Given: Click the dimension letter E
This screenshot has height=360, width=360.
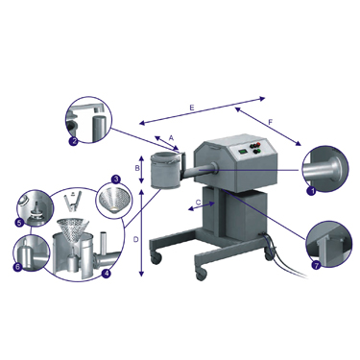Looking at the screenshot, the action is (192, 108).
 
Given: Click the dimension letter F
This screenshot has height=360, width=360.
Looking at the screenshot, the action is (271, 122).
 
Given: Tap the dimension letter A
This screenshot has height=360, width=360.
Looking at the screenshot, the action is (171, 138).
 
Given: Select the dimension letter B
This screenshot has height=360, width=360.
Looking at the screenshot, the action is (136, 168).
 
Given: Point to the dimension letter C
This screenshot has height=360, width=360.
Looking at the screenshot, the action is (198, 203).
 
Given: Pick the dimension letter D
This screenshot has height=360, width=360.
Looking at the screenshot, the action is (135, 239).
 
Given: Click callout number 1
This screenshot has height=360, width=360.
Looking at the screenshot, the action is (311, 191).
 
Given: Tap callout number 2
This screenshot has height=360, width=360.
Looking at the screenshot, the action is (73, 141).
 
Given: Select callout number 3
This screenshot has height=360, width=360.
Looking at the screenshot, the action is (115, 179).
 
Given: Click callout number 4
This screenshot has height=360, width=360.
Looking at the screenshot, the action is (106, 273).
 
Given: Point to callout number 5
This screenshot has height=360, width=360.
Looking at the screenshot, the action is (19, 222).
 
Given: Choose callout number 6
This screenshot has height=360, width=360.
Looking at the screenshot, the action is (17, 266).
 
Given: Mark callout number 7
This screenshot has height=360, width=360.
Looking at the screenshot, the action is (316, 265).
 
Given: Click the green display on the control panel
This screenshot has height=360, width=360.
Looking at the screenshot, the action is (243, 151).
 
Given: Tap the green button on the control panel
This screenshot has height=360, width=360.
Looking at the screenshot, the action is (259, 151).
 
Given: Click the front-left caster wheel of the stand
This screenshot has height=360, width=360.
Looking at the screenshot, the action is (156, 258).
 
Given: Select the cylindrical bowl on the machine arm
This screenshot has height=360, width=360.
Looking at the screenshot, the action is (164, 170).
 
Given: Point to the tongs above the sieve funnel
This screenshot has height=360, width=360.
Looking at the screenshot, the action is (74, 201).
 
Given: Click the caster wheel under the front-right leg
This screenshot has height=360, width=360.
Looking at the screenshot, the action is (201, 275).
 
